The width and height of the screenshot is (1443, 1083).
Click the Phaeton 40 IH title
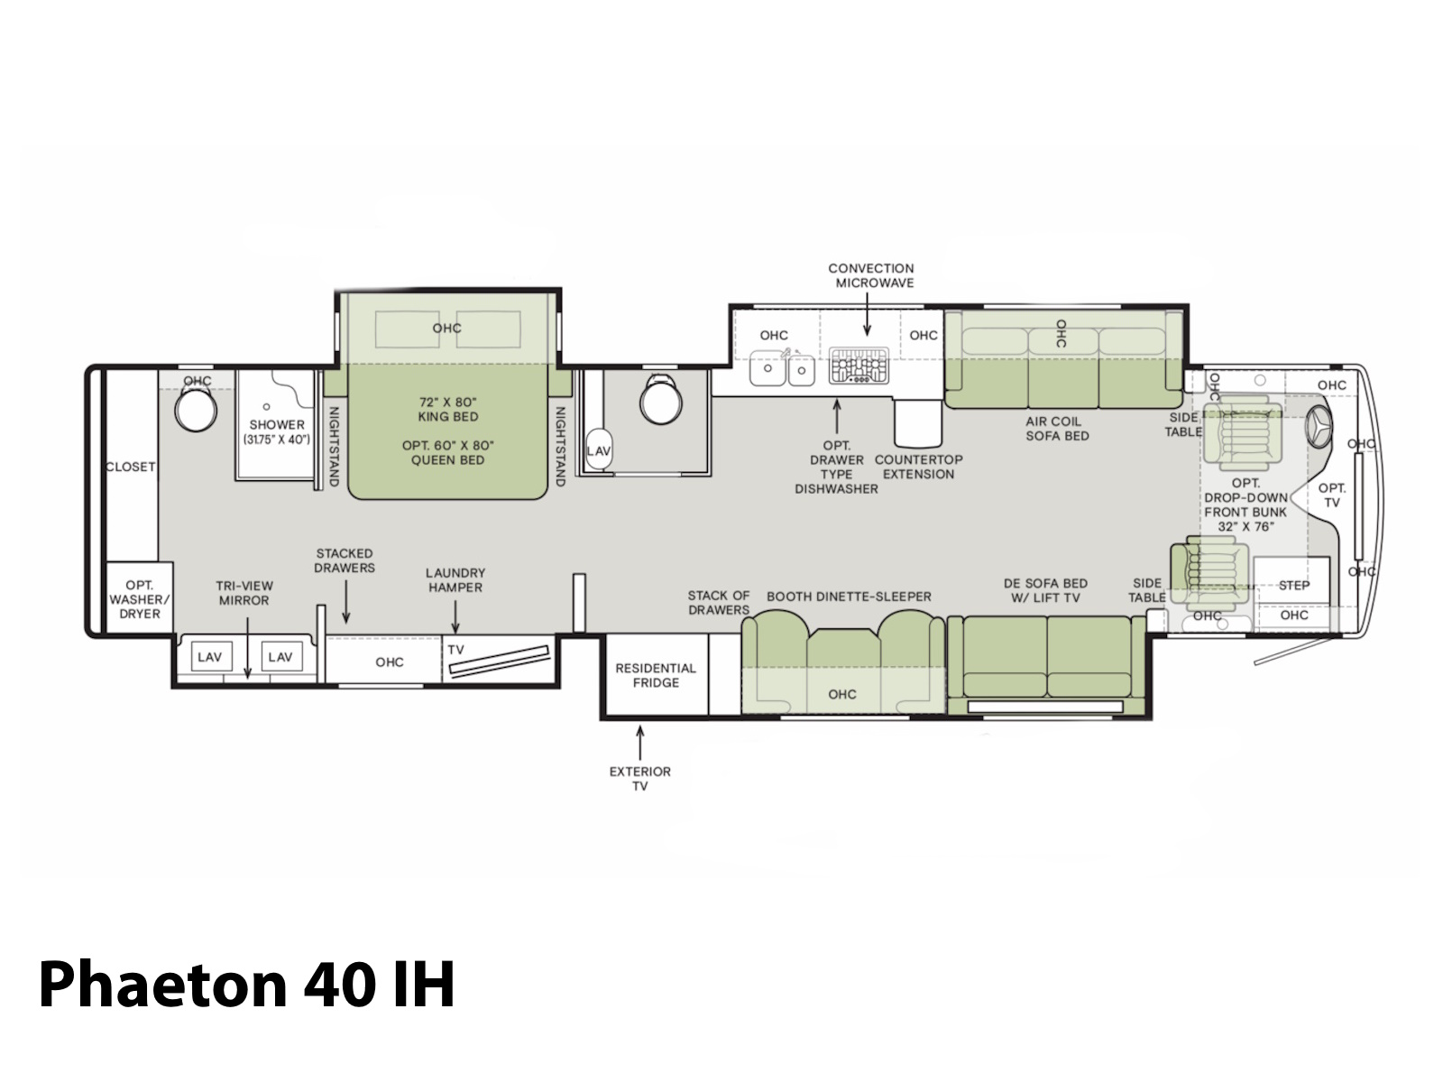pyautogui.click(x=246, y=984)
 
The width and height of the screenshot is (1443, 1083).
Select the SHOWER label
pyautogui.click(x=277, y=425)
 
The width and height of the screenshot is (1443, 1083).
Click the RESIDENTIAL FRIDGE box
pyautogui.click(x=656, y=675)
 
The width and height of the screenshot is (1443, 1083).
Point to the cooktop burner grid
pyautogui.click(x=859, y=365)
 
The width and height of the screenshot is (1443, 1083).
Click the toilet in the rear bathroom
pyautogui.click(x=196, y=408)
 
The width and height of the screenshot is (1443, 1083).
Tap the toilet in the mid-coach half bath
pyautogui.click(x=661, y=400)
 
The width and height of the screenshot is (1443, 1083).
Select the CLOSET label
pyautogui.click(x=131, y=467)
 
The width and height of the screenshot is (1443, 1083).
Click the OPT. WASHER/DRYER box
pyautogui.click(x=140, y=597)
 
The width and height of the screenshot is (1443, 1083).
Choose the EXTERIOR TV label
pyautogui.click(x=639, y=779)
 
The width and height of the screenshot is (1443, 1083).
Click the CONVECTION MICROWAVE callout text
pyautogui.click(x=870, y=275)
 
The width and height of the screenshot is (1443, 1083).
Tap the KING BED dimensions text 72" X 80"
pyautogui.click(x=447, y=402)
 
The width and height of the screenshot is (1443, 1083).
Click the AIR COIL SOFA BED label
pyautogui.click(x=1057, y=429)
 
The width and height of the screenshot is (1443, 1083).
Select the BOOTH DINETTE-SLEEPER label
pyautogui.click(x=849, y=597)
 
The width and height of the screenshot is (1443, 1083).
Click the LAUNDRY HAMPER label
pyautogui.click(x=455, y=580)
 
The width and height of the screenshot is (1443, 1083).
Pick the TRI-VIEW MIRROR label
pyautogui.click(x=244, y=593)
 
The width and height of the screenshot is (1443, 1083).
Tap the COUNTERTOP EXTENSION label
pyautogui.click(x=918, y=467)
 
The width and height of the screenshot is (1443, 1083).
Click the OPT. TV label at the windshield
pyautogui.click(x=1332, y=495)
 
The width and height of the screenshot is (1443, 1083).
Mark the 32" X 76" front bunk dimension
pyautogui.click(x=1245, y=527)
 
